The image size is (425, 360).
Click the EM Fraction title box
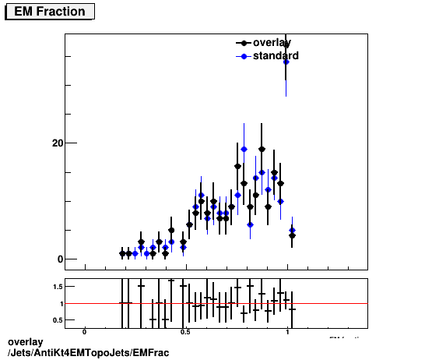[51, 11]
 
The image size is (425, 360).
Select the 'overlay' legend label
[272, 43]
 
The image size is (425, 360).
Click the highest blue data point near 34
[286, 62]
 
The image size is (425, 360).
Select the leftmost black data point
[123, 253]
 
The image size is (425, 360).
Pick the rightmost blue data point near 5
[292, 231]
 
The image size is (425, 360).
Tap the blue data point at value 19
[244, 149]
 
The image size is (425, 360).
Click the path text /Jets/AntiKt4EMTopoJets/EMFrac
[87, 353]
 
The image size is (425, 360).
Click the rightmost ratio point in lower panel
[292, 309]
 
